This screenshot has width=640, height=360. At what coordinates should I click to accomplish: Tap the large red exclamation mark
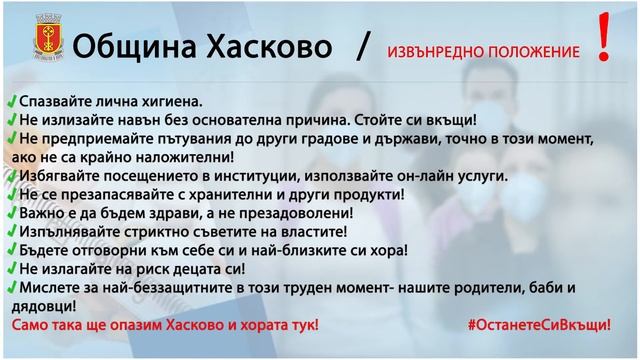pyautogui.click(x=603, y=40)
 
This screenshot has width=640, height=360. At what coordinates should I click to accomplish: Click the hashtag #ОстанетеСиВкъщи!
pyautogui.click(x=539, y=327)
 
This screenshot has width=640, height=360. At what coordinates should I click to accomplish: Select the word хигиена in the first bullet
pyautogui.click(x=169, y=103)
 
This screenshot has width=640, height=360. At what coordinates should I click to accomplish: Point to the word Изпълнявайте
pyautogui.click(x=63, y=233)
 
